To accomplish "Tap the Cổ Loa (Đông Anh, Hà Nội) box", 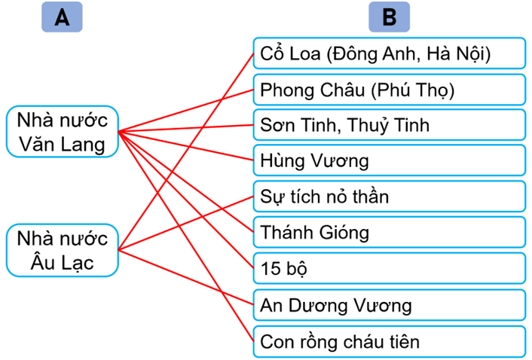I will (x=389, y=54).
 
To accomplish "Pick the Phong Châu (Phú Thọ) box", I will (x=389, y=90).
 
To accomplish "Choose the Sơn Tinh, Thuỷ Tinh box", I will (x=389, y=125).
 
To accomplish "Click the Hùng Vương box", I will (x=389, y=160).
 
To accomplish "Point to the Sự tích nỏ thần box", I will (x=389, y=197).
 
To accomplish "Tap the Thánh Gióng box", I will (x=389, y=233).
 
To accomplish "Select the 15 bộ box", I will (x=389, y=269).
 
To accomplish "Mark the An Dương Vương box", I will (x=389, y=305).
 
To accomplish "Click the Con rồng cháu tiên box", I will (x=389, y=341).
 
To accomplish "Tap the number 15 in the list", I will (x=270, y=269).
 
